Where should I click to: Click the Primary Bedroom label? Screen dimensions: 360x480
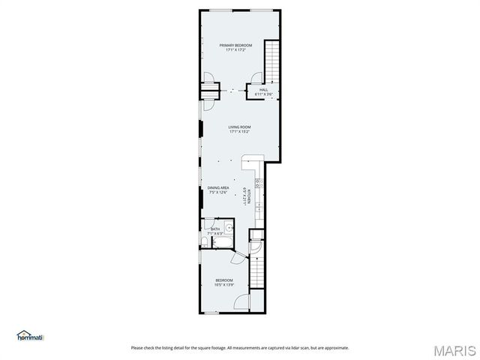pyautogui.click(x=235, y=46)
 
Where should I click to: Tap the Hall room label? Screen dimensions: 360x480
pyautogui.click(x=263, y=90)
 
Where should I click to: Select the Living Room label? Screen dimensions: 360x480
pyautogui.click(x=239, y=127)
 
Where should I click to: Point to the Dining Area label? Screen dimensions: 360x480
pyautogui.click(x=218, y=187)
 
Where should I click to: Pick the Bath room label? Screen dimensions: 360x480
pyautogui.click(x=215, y=229)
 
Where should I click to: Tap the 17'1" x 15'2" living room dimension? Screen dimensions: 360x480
pyautogui.click(x=239, y=133)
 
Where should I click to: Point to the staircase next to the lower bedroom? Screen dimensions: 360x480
pyautogui.click(x=258, y=269)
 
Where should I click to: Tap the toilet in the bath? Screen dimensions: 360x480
pyautogui.click(x=205, y=241)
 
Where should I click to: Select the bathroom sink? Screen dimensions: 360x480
pyautogui.click(x=229, y=230)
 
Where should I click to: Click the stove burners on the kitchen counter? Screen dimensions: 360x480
pyautogui.click(x=258, y=181)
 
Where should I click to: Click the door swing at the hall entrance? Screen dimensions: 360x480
pyautogui.click(x=256, y=77)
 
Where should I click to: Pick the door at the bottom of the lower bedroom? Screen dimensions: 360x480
pyautogui.click(x=241, y=302)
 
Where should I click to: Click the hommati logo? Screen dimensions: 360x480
pyautogui.click(x=31, y=335)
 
